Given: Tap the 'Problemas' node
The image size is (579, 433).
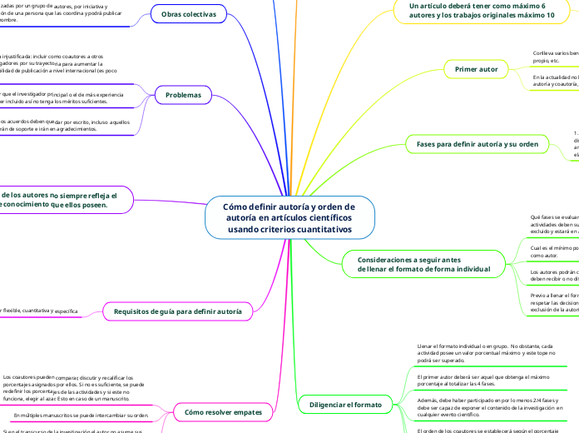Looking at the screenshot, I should click(183, 95).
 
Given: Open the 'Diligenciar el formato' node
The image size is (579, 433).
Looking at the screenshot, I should click(344, 405).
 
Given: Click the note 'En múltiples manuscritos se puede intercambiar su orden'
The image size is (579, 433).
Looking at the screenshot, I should click(82, 414).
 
